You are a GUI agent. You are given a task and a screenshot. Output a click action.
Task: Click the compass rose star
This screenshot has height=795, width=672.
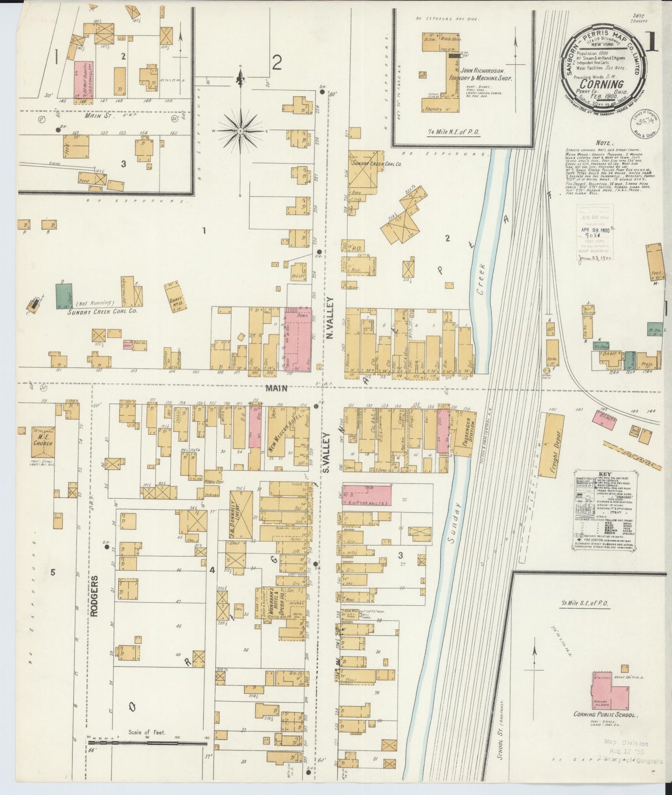pyautogui.click(x=240, y=131)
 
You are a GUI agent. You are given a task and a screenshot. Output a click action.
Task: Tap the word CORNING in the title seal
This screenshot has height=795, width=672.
pyautogui.click(x=604, y=85)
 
